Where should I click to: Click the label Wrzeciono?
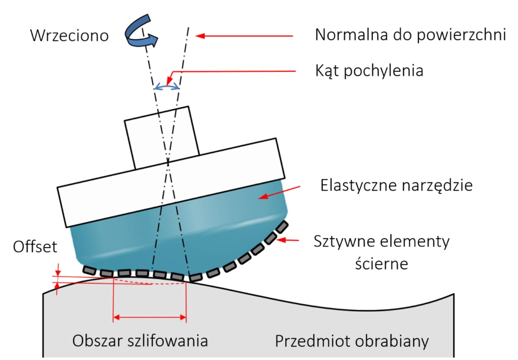click(x=70, y=36)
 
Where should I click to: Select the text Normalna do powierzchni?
click(x=410, y=35)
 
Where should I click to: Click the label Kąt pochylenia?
click(x=369, y=70)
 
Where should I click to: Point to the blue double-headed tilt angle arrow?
click(x=167, y=87)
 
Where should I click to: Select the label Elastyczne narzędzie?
click(x=397, y=186)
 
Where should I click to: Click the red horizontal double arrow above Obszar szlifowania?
click(x=150, y=318)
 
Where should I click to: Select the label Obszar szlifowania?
click(x=140, y=340)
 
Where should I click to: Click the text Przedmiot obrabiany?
click(x=352, y=341)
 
